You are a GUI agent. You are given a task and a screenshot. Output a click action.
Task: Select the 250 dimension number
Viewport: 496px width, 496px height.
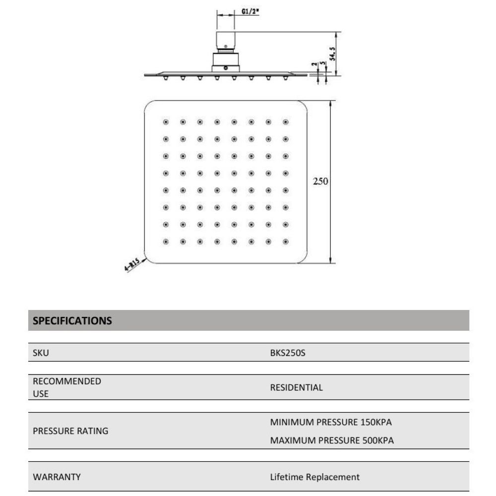[320, 181]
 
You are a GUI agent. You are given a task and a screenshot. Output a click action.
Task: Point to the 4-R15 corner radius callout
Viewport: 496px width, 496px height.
[131, 268]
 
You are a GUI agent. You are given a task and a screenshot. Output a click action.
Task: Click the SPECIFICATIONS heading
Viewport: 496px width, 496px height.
[72, 320]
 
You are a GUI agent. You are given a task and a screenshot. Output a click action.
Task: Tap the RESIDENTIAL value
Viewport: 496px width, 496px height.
[296, 387]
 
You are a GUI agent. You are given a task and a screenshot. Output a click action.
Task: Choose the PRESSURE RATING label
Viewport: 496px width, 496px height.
[70, 431]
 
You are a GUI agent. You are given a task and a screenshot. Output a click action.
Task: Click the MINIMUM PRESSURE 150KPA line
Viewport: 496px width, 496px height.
[331, 423]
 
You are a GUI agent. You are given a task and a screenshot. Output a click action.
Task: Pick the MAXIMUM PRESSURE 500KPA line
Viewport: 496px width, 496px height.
[332, 440]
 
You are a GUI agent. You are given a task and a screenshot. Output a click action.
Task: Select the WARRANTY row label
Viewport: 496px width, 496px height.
[57, 477]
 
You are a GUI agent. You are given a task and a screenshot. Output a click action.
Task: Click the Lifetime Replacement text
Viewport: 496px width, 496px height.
[314, 477]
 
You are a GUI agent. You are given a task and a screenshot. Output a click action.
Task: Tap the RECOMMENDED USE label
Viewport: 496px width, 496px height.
[66, 387]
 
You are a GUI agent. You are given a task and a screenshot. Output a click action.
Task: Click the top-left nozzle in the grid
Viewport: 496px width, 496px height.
[166, 122]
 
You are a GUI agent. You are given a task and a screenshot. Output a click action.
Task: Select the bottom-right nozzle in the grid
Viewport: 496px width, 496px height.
[285, 242]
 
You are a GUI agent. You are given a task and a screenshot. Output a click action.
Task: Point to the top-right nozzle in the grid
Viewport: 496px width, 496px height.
[285, 122]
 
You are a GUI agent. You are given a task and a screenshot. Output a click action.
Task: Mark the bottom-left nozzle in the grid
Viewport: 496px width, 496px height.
[166, 242]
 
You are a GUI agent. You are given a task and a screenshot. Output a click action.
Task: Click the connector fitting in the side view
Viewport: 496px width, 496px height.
[226, 55]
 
